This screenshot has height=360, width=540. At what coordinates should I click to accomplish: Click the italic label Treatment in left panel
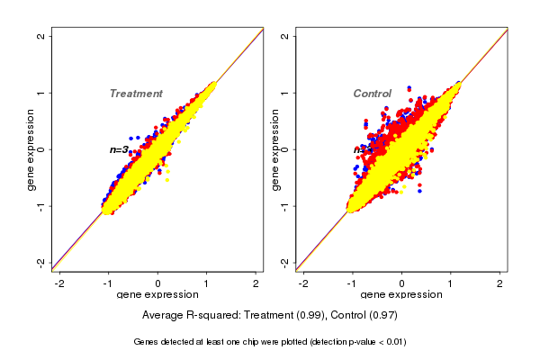[x=136, y=94]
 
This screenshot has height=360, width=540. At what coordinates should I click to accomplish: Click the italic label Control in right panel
[x=372, y=94]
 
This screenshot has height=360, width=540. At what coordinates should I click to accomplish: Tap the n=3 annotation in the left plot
[x=119, y=149]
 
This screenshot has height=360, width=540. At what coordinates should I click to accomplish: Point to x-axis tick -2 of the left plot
[x=59, y=283]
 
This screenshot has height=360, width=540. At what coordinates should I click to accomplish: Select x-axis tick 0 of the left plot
[x=158, y=283]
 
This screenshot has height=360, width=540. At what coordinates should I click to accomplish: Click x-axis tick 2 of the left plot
[x=257, y=283]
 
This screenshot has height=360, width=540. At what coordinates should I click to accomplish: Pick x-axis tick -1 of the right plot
[x=352, y=283]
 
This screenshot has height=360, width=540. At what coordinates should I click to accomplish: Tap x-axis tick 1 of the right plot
[x=452, y=283]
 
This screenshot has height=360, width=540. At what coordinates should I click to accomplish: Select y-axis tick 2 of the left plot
[x=41, y=36]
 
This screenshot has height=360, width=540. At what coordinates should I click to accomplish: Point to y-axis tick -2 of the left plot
[x=41, y=262]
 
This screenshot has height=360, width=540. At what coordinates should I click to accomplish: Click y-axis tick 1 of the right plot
[x=285, y=93]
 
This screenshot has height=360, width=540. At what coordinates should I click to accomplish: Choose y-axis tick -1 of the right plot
[x=285, y=205]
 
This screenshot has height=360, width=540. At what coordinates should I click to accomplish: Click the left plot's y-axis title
[x=31, y=149]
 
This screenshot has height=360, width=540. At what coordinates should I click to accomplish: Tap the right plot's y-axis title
[x=275, y=149]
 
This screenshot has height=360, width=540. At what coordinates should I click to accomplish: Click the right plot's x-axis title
[x=401, y=295]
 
